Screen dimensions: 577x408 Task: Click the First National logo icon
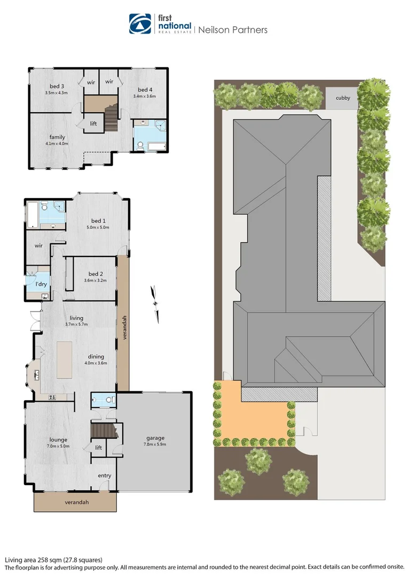(x=140, y=24)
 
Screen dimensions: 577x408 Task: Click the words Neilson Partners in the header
(x=233, y=30)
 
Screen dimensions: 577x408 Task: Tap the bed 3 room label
(x=57, y=87)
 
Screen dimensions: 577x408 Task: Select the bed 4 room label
(x=145, y=90)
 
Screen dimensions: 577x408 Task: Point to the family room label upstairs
(x=57, y=137)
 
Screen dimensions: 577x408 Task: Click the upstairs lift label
(x=93, y=123)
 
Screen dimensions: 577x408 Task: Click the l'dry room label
(x=41, y=284)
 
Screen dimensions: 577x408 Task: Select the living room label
(x=76, y=317)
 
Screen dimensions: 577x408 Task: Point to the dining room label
(x=96, y=356)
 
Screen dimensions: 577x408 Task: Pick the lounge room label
(x=58, y=440)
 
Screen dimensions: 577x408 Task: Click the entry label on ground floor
(x=104, y=475)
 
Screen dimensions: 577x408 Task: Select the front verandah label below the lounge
(x=76, y=502)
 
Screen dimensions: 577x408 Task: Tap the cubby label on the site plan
(x=342, y=98)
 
